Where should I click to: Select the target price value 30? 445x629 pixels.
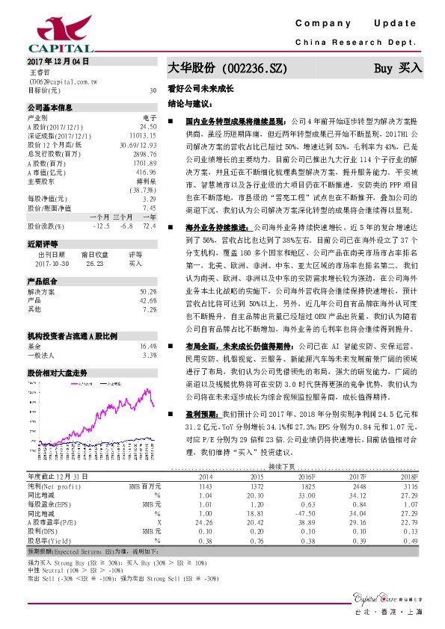(x=153, y=90)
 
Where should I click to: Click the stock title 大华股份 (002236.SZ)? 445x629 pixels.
(x=227, y=68)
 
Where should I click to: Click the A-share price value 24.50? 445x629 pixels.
(x=148, y=125)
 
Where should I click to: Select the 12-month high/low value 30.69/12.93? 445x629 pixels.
(x=138, y=144)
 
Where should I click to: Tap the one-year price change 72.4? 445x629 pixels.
(x=149, y=225)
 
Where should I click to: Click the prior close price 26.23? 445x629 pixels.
(x=93, y=264)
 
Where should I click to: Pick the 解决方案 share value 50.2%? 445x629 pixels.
(x=148, y=291)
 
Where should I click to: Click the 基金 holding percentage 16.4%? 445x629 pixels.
(x=148, y=347)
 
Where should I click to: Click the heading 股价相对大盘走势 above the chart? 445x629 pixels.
(x=58, y=371)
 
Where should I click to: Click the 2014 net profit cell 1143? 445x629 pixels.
(x=205, y=485)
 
